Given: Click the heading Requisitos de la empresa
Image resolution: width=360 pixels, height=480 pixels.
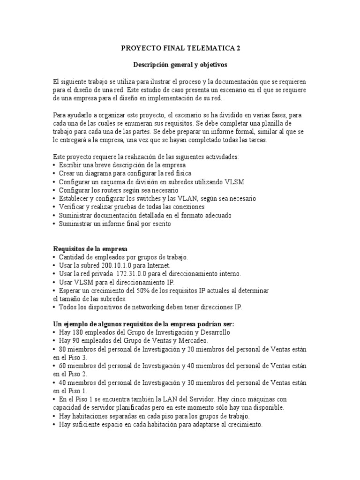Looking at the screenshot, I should point(90,248).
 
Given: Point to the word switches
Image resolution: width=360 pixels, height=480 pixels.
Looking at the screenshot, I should point(137,199).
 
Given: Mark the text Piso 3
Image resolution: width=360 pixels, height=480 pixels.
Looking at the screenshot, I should point(70,357).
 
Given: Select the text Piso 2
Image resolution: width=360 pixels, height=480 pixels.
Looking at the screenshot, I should point(70,374).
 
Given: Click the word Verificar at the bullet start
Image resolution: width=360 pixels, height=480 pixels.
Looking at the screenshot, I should point(73,207).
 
